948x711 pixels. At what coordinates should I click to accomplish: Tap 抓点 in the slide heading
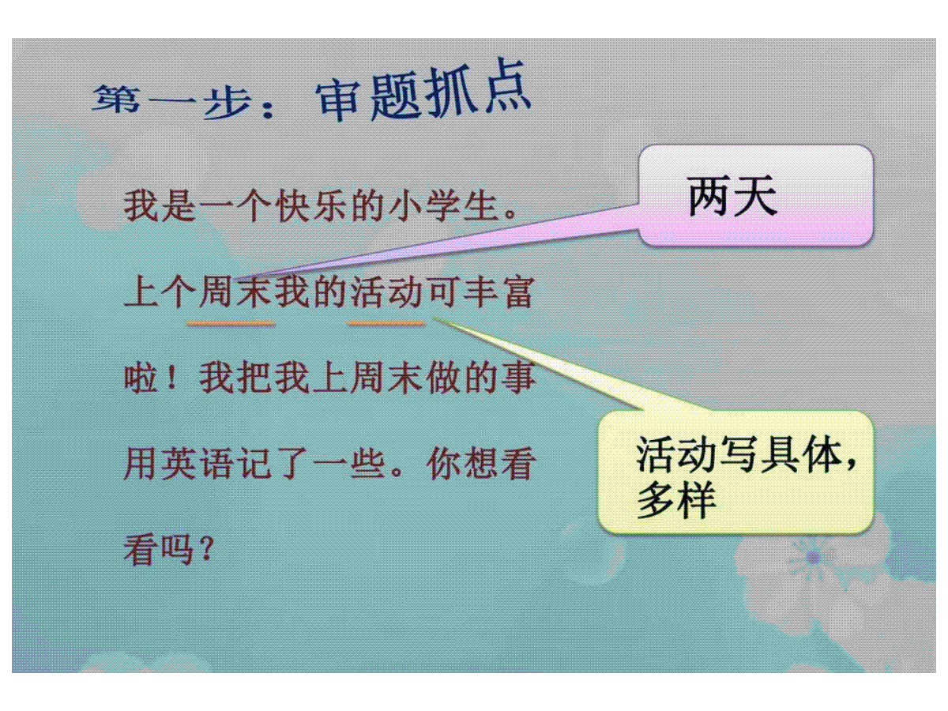(x=477, y=92)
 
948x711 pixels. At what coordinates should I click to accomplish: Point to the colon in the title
(x=268, y=107)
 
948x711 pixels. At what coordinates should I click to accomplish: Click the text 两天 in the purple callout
(x=732, y=196)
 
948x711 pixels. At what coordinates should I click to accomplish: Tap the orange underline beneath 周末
(x=230, y=322)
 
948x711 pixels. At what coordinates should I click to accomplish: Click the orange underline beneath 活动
(x=386, y=322)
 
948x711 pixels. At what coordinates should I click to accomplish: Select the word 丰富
(x=498, y=292)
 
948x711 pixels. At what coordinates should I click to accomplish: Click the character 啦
(x=141, y=378)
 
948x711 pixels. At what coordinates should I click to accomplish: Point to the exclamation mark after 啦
(x=172, y=377)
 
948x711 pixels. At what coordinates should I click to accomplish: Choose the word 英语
(x=197, y=465)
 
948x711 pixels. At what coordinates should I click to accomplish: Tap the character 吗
(x=177, y=551)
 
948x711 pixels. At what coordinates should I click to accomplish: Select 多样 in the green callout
(x=676, y=502)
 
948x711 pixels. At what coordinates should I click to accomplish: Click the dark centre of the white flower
(x=814, y=557)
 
